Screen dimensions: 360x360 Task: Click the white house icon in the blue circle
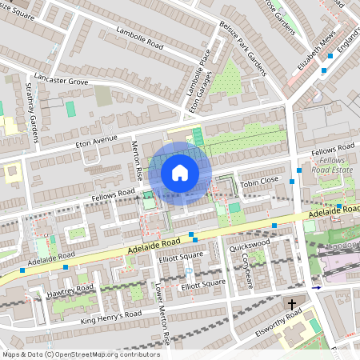click(x=180, y=173)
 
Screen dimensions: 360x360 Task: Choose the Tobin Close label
click(x=259, y=180)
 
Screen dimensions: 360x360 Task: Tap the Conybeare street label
click(x=247, y=270)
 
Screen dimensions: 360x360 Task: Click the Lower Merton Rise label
click(x=162, y=313)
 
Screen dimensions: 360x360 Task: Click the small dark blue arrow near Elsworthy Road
click(x=317, y=287)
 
